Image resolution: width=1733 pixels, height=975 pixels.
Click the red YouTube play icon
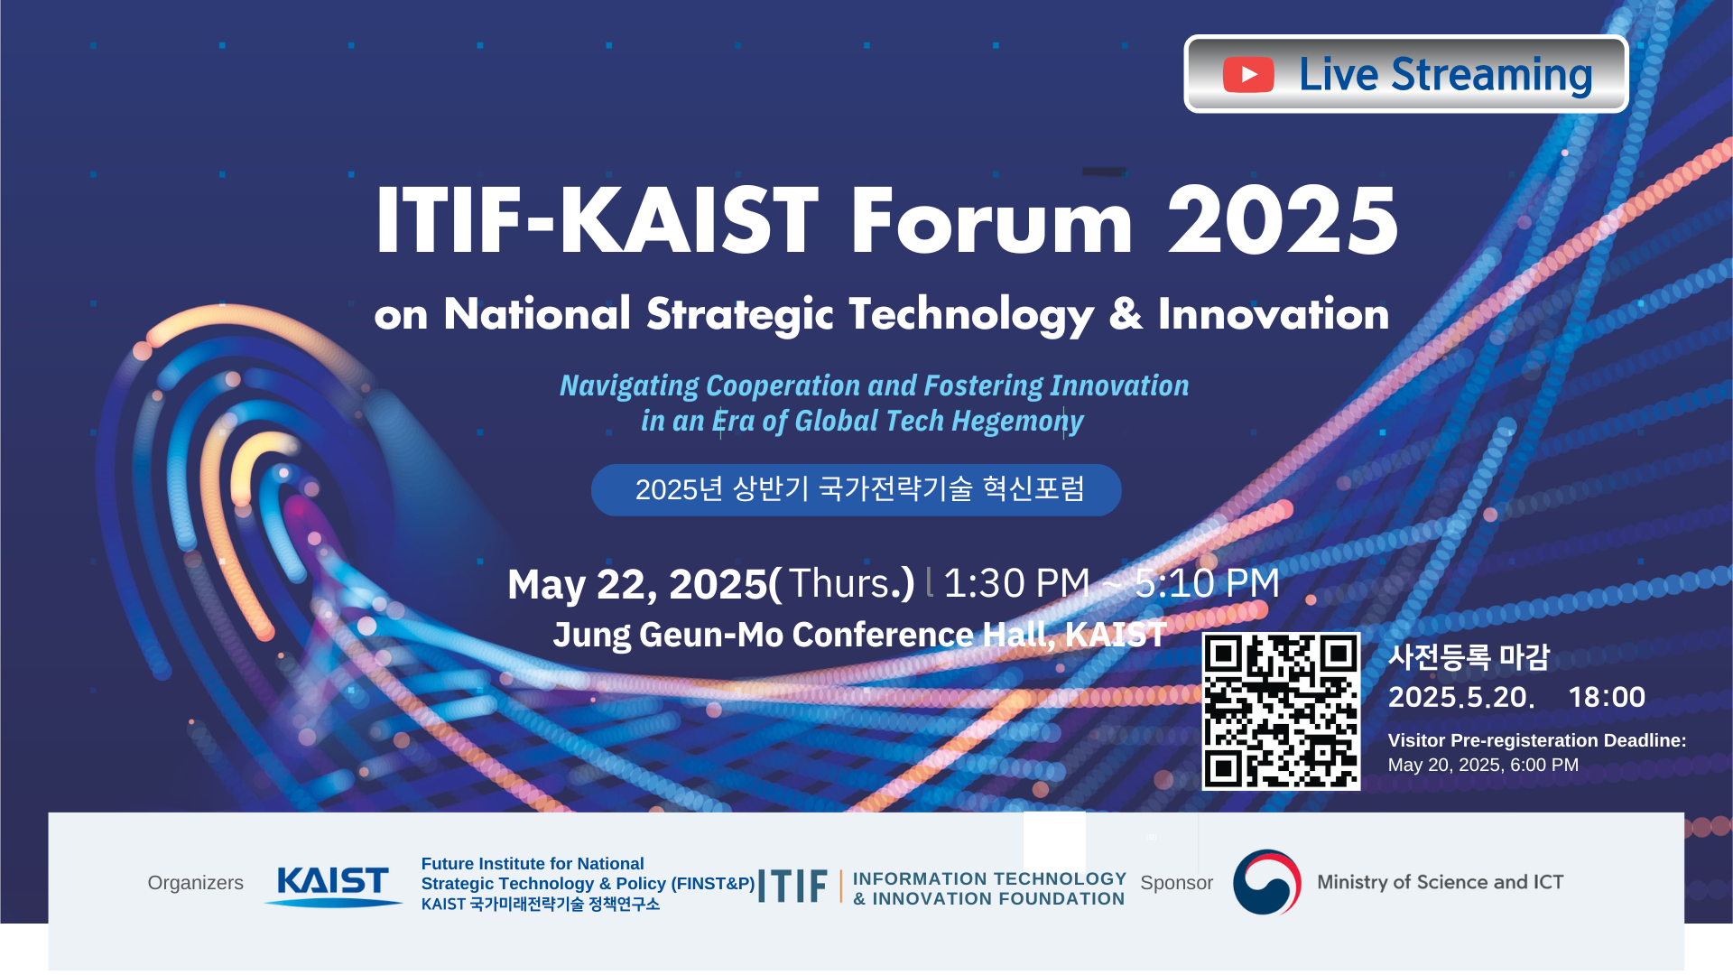(x=1248, y=74)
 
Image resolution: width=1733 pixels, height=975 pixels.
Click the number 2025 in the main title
(x=1283, y=220)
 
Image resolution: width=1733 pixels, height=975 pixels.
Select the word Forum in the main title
(x=992, y=220)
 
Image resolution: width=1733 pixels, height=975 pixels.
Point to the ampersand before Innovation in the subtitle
(x=1126, y=314)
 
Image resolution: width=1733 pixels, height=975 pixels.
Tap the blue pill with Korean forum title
(x=856, y=490)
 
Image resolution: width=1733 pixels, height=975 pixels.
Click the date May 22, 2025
(x=637, y=584)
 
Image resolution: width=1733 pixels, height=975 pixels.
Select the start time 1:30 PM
(x=1017, y=583)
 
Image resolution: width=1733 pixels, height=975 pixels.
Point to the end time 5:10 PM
(x=1207, y=583)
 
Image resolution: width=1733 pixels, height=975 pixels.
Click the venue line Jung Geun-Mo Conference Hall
(x=860, y=635)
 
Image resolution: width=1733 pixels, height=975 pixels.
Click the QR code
(x=1281, y=711)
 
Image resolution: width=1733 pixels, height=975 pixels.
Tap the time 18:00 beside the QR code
(x=1607, y=697)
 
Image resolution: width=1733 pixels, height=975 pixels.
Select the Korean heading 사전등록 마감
(x=1469, y=656)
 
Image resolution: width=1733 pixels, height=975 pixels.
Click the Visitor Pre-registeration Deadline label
(x=1537, y=740)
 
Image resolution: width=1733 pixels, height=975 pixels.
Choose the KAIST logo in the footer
(x=333, y=885)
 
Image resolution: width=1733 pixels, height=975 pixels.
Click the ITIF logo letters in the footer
(x=792, y=887)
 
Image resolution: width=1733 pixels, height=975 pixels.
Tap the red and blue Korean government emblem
(x=1267, y=882)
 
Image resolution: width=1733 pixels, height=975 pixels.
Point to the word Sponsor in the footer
(x=1176, y=883)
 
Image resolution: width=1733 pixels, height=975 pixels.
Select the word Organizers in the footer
(x=196, y=883)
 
